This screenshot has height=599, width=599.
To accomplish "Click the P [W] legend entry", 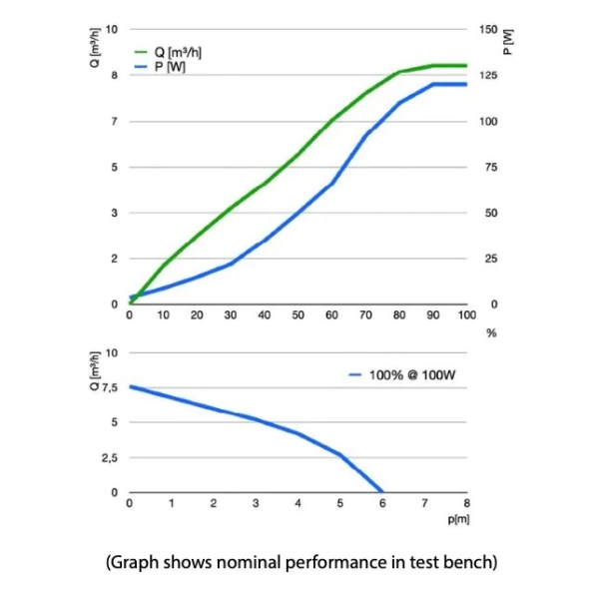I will pos(171,66).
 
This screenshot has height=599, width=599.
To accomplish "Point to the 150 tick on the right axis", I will pos(486,29).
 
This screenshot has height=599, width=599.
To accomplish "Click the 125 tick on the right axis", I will pos(486,75).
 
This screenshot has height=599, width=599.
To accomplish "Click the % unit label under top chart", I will pos(490,332).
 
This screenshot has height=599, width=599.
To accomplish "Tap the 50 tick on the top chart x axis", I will pos(299,315).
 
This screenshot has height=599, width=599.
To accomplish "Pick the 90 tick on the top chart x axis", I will pos(433,315).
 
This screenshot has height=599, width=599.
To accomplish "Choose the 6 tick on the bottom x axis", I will pos(382,504).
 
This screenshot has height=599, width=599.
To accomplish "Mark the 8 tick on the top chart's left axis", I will pos(114,75).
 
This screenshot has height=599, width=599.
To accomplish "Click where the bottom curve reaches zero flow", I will pos(382,491).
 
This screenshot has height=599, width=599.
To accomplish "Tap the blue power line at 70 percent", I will pos(365,134).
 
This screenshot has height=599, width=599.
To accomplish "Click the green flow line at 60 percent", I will pos(332,120).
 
